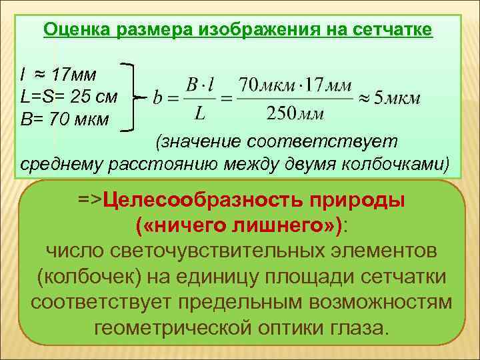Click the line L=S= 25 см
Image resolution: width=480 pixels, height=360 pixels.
click(69, 97)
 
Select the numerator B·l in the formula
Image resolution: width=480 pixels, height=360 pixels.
click(199, 85)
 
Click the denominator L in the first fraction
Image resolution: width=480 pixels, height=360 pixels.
click(199, 114)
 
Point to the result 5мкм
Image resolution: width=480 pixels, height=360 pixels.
click(397, 99)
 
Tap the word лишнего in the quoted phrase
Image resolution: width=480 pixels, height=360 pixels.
click(281, 227)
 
